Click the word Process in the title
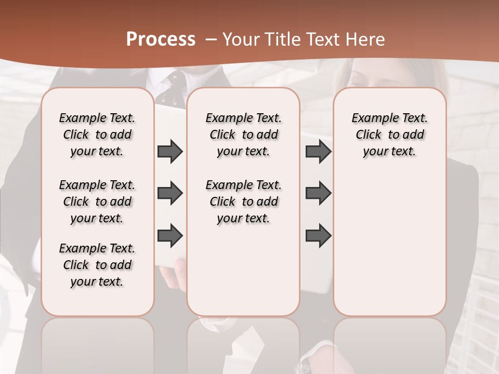[x=161, y=39]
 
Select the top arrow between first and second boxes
[x=170, y=151]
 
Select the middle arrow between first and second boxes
[x=170, y=193]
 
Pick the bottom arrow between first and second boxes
[x=170, y=235]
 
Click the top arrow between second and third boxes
[x=318, y=151]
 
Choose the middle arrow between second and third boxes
[x=318, y=193]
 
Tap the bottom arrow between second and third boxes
[x=318, y=235]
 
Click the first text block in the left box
[x=97, y=135]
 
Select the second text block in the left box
[x=97, y=202]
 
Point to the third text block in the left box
[x=97, y=265]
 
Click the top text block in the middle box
[x=243, y=135]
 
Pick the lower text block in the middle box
[x=243, y=202]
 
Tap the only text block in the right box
[x=389, y=135]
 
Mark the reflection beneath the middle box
[x=243, y=343]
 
